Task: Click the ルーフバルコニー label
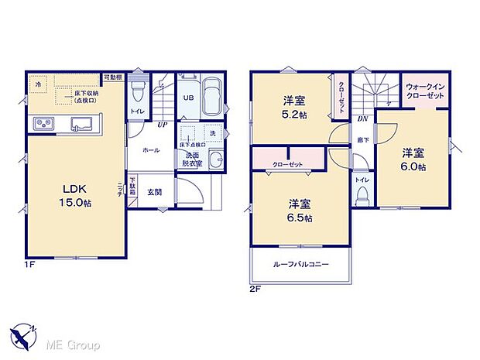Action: click(x=301, y=265)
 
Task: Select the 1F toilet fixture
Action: click(x=137, y=93)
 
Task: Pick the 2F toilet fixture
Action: click(x=361, y=194)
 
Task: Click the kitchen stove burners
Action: click(x=43, y=124)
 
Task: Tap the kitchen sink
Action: click(x=81, y=124)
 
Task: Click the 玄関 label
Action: click(x=156, y=192)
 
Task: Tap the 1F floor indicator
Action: click(x=29, y=265)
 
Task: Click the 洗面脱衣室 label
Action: click(x=191, y=159)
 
